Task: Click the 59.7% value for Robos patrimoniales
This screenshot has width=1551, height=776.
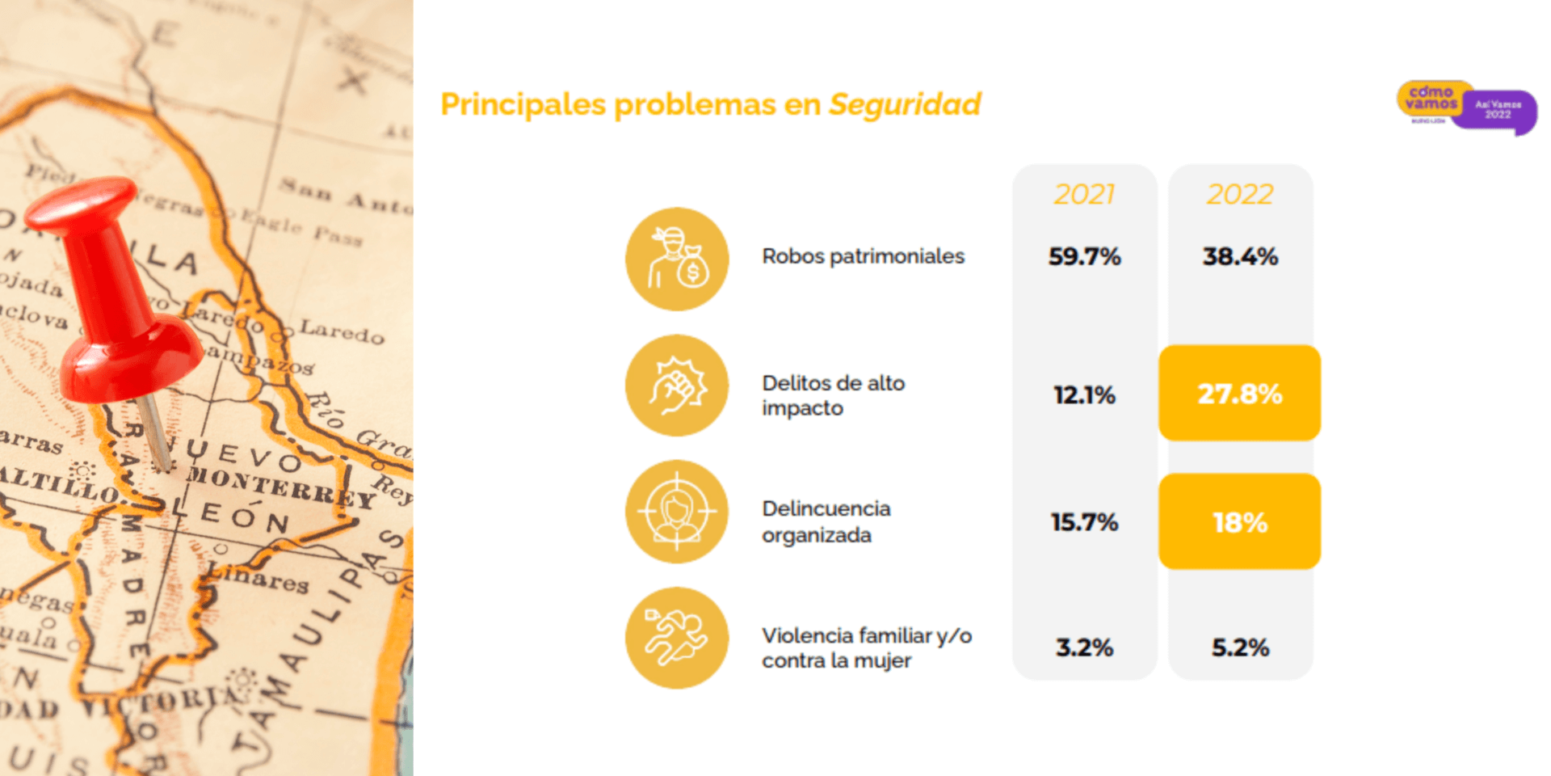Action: point(1084,257)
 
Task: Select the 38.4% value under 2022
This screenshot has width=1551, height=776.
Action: point(1240,257)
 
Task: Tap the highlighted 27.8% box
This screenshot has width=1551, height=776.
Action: point(1239,394)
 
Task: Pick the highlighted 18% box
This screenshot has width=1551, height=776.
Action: point(1239,522)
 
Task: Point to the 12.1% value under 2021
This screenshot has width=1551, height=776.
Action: point(1084,395)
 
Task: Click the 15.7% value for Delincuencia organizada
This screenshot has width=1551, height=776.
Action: point(1084,522)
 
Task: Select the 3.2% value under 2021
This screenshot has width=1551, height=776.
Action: point(1084,647)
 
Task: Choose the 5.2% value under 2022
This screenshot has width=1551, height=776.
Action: point(1240,647)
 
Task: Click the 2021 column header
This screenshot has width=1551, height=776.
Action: point(1084,195)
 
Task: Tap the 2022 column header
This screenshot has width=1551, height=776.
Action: point(1240,195)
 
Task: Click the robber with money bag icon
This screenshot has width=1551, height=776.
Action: point(677,259)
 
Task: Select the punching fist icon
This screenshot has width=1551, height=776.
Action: point(677,386)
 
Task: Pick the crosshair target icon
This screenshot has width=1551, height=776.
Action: point(677,512)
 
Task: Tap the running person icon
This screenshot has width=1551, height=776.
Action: point(677,638)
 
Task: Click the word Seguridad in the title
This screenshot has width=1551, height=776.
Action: point(905,105)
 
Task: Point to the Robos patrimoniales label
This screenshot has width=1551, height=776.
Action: point(863,256)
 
